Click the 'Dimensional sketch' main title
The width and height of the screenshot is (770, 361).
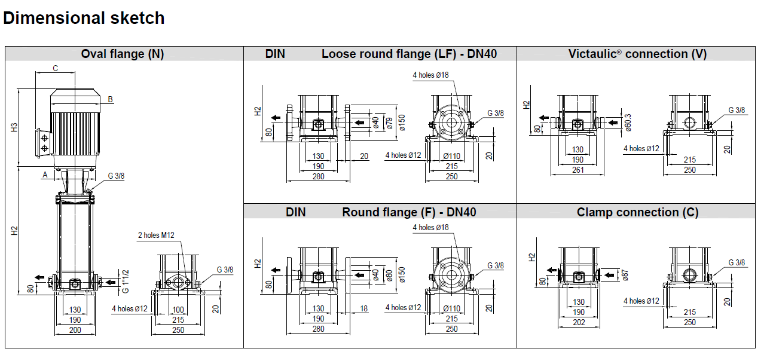(84, 18)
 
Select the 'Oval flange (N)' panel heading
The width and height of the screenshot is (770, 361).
(123, 54)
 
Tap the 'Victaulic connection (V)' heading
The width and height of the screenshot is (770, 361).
(637, 54)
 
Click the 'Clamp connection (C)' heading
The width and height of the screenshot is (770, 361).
(637, 212)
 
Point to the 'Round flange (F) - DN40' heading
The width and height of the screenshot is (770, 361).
(409, 212)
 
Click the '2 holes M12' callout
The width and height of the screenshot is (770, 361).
(157, 235)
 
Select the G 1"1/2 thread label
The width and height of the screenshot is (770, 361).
(126, 281)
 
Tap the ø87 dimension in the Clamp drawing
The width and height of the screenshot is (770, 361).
(626, 275)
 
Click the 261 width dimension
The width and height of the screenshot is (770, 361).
(577, 170)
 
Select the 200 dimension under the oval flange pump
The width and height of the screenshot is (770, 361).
(75, 329)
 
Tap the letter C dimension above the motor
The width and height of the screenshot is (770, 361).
(55, 68)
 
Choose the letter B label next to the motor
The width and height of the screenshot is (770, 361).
(111, 99)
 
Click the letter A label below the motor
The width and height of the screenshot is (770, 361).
(44, 175)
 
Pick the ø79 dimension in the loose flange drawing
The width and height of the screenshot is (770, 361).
(389, 123)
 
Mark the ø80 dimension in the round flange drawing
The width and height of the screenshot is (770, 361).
(389, 276)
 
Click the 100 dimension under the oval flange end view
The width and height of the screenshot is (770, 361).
(178, 310)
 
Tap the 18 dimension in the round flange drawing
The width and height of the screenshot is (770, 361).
(364, 309)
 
